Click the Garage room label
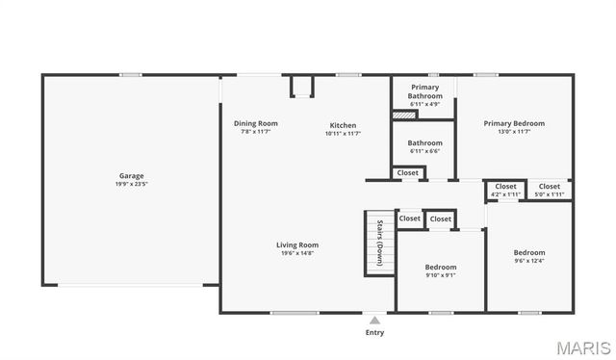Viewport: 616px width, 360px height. coord(132,176)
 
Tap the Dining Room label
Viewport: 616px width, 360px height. coord(255,123)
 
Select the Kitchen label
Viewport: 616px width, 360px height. coord(343,125)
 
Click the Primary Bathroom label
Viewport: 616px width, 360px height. coord(424,91)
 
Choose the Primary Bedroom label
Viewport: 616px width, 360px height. coord(514,123)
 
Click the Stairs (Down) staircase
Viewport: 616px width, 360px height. coord(379,244)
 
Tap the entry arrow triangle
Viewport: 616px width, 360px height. coord(374,320)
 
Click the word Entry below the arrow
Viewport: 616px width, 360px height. coord(374,333)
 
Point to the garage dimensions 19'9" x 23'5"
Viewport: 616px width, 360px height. coord(132,184)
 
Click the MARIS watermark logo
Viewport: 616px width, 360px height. coord(582,347)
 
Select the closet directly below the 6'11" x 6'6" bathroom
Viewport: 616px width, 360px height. coord(408,173)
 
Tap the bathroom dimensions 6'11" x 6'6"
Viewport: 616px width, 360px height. coord(424,151)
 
